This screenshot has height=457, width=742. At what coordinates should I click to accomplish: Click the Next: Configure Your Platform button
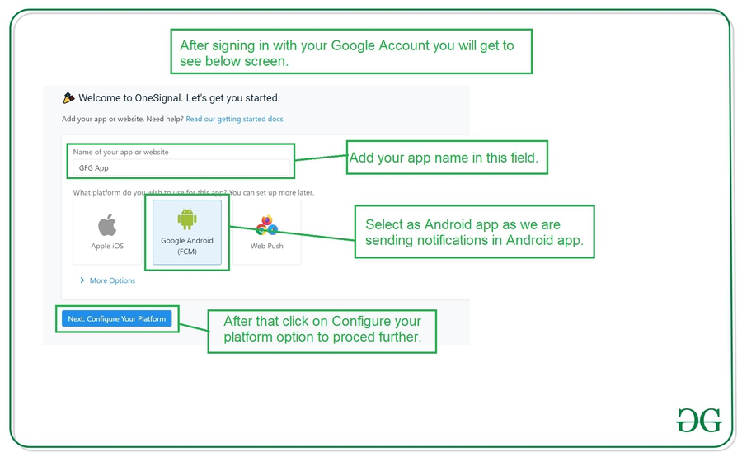117,318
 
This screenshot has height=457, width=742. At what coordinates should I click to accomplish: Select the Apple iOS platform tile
107,232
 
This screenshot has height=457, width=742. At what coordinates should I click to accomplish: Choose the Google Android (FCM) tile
187,232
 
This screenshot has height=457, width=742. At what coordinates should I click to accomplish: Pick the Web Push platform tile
267,232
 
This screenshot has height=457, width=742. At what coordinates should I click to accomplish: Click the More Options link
112,280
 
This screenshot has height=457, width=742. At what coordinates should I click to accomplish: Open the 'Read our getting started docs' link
235,119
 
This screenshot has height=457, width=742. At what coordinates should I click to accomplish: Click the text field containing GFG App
181,167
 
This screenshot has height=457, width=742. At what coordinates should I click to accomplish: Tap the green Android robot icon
187,219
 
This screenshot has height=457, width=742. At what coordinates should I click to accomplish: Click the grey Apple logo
107,224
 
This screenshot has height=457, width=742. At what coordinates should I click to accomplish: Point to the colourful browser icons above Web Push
267,225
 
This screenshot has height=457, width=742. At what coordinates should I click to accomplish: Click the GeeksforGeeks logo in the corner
699,420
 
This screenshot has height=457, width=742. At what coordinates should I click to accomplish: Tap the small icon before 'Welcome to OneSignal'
68,97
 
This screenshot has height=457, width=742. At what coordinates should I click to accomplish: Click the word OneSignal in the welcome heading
158,98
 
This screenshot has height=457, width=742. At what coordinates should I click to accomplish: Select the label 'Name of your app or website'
120,152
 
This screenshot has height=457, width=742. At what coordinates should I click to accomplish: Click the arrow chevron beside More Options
82,280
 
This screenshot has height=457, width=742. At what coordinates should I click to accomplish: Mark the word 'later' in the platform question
303,193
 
